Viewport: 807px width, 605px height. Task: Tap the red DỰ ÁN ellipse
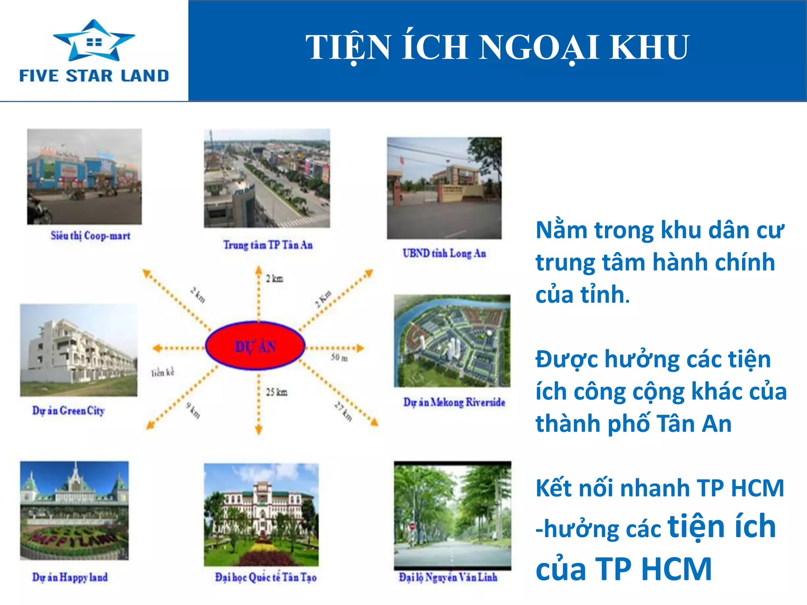255,346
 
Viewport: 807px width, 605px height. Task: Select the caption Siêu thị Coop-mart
90,236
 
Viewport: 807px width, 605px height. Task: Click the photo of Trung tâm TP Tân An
267,178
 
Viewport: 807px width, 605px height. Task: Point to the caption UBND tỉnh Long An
444,253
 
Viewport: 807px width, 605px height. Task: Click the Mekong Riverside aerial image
452,341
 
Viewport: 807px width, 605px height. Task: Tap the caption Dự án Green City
68,411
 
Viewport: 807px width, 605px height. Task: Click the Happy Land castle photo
74,510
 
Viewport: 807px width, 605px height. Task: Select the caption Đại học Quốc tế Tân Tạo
266,577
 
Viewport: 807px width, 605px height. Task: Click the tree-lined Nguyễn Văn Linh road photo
452,515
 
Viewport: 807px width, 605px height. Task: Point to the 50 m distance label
339,358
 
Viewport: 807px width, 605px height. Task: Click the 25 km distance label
277,392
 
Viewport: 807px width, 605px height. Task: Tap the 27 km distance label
343,411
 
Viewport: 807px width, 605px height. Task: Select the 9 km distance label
193,410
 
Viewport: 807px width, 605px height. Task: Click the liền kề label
162,372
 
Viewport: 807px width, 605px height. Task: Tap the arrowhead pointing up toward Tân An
258,270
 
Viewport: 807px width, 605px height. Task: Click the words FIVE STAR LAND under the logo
94,76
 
